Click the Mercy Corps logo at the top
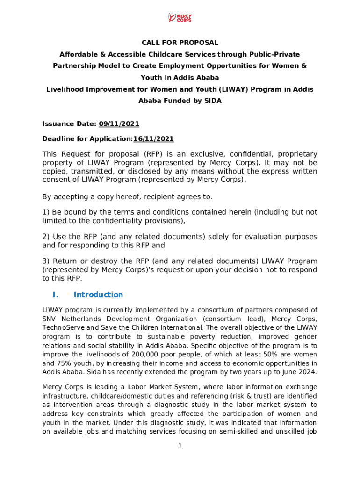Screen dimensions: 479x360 (x=180, y=18)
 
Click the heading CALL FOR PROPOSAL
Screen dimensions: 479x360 (x=180, y=43)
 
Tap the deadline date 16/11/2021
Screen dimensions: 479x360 (x=153, y=139)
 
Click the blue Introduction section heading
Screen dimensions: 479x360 (x=98, y=294)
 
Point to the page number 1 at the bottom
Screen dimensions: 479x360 (x=180, y=445)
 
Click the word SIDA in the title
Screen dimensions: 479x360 (x=210, y=101)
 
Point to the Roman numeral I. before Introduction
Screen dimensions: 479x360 (x=55, y=294)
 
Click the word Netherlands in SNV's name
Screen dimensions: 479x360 (x=80, y=319)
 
